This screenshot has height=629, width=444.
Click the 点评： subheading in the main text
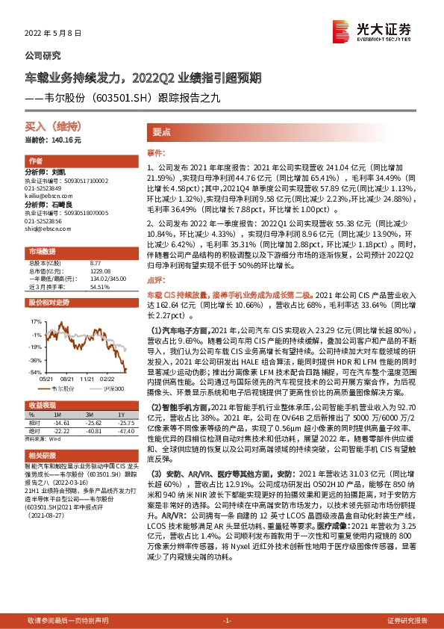(x=155, y=260)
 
